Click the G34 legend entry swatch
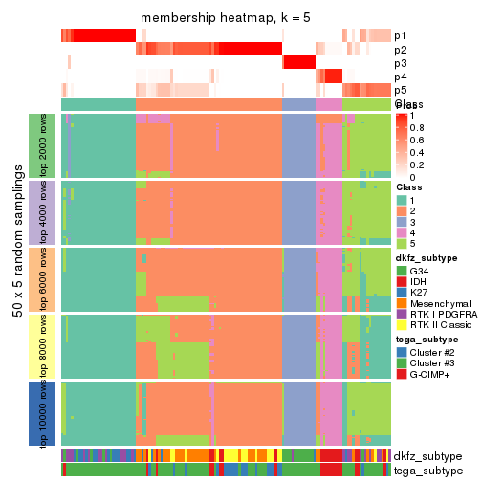402,271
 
